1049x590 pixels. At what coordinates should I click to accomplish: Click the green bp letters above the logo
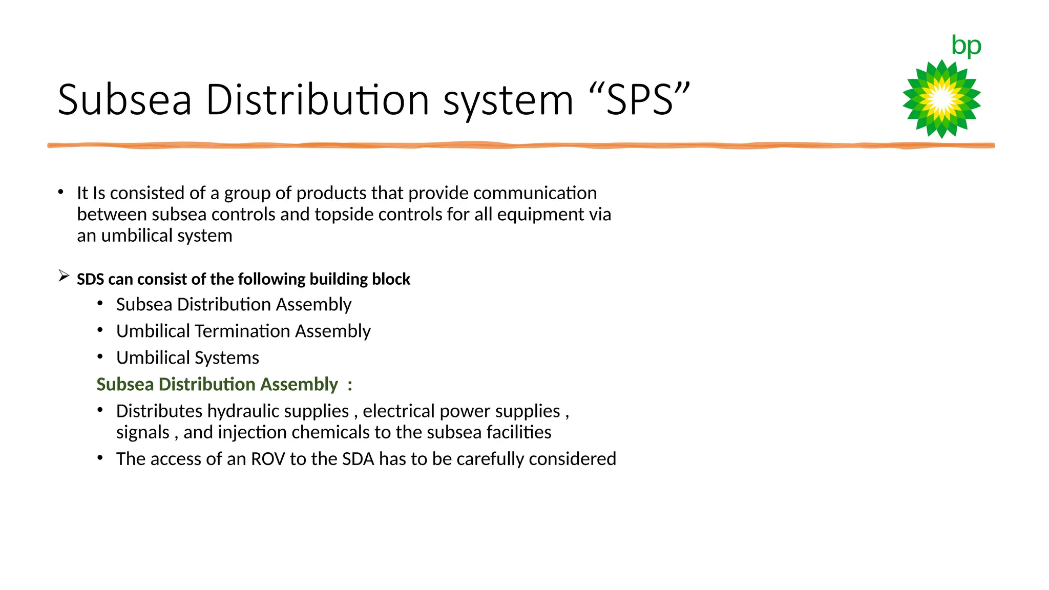pos(966,46)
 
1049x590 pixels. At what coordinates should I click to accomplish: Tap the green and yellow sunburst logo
pos(941,99)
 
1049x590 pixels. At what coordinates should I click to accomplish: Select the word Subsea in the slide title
pos(124,99)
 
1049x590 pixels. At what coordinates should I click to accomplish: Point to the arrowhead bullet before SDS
pos(64,276)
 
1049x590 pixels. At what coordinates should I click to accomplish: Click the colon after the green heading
pos(350,385)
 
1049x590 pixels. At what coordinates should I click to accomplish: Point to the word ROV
pos(267,459)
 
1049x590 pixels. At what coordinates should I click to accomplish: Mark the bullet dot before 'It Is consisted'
pos(61,192)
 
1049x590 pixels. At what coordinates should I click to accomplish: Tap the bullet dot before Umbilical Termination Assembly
pos(100,330)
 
